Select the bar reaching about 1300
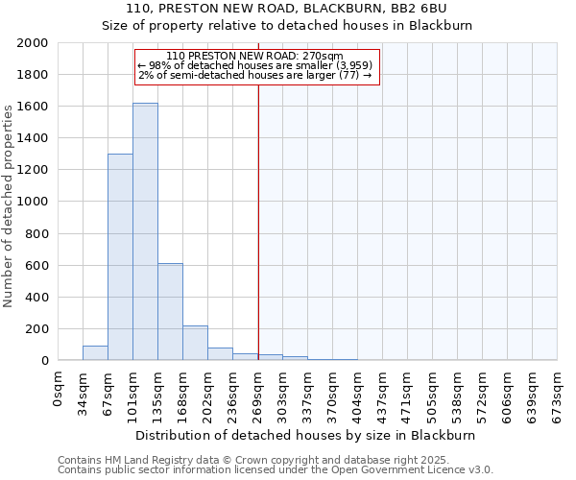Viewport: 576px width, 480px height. pos(120,257)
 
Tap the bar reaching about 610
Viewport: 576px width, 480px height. pos(170,312)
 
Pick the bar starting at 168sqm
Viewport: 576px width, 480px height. pos(195,343)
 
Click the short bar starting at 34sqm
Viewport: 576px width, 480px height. pos(95,352)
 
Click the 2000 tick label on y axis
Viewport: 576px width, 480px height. pos(33,43)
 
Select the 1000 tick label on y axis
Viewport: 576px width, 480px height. pos(33,202)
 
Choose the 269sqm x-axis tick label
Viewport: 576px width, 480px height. pos(258,392)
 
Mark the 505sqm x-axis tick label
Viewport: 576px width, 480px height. pos(433,392)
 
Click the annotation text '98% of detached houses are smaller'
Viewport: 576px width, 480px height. pos(261,65)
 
